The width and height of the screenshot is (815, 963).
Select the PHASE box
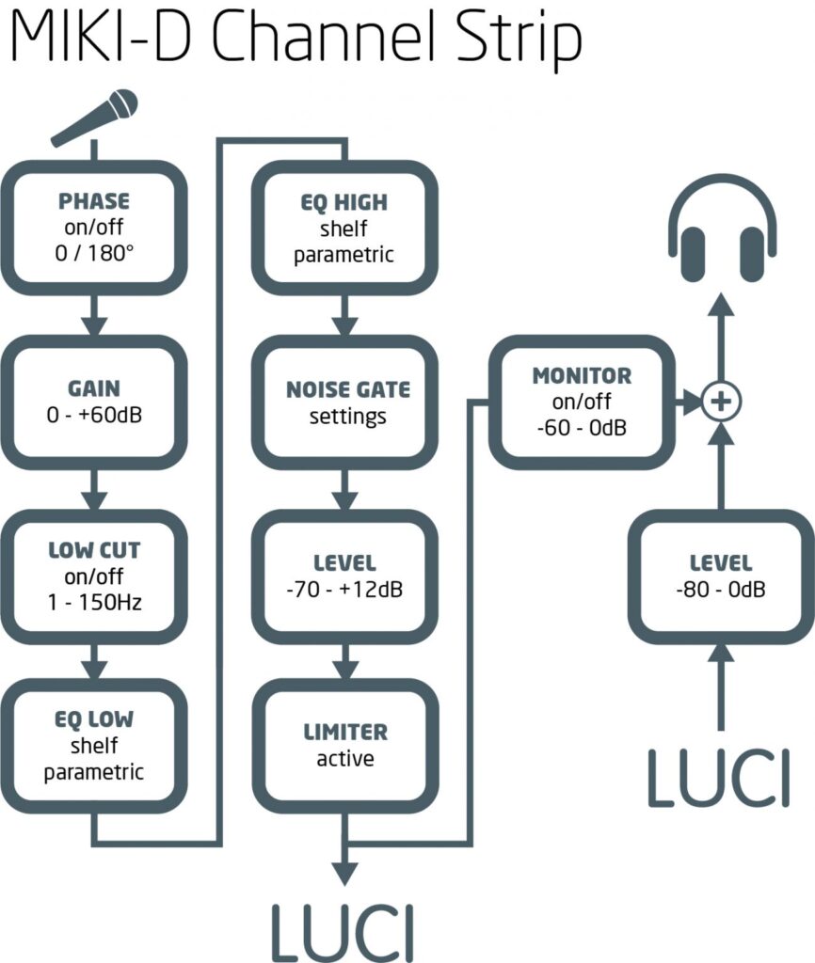coord(93,227)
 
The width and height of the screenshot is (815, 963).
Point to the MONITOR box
coord(582,402)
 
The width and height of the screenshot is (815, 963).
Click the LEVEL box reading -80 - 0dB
coord(720,576)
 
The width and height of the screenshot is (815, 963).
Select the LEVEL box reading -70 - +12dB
coord(345,576)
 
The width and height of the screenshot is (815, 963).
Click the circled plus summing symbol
coord(721,402)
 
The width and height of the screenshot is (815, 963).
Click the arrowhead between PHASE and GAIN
coord(93,325)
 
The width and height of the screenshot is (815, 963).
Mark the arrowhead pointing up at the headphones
coord(721,307)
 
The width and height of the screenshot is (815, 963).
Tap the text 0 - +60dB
coord(93,414)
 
